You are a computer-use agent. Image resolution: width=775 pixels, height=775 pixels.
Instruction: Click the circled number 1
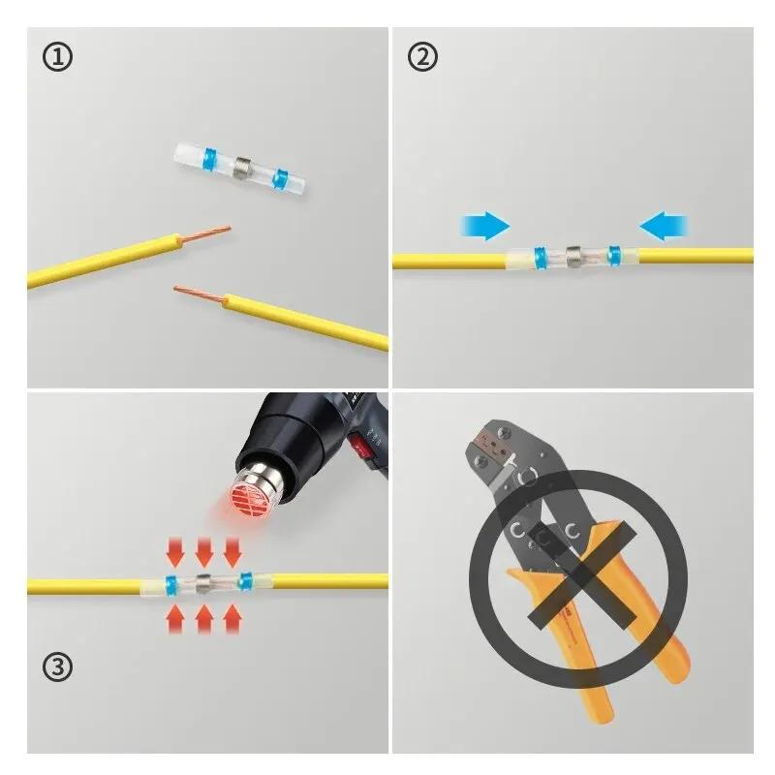click(57, 58)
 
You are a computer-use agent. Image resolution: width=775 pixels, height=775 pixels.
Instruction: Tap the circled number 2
click(421, 58)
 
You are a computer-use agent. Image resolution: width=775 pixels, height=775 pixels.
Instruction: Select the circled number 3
click(57, 666)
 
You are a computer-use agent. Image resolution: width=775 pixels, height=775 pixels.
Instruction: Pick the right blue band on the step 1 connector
click(282, 178)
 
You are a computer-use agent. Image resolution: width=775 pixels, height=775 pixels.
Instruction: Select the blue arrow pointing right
click(485, 227)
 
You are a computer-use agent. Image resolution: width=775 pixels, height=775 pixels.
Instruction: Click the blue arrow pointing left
click(664, 227)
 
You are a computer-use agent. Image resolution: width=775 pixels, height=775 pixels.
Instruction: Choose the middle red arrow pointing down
click(203, 552)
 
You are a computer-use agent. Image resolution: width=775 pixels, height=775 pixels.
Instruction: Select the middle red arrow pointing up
click(203, 617)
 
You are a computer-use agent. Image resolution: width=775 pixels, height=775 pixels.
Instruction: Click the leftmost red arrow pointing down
click(175, 552)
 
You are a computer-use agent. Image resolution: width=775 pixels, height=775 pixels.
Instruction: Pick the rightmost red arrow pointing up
click(232, 617)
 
